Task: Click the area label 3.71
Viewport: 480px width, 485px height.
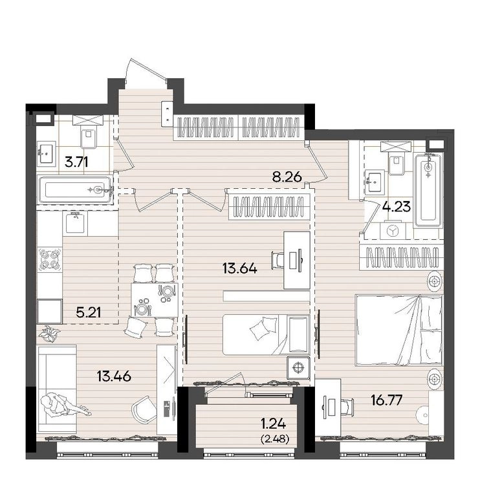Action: click(x=76, y=162)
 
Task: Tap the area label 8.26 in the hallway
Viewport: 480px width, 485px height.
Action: click(x=287, y=177)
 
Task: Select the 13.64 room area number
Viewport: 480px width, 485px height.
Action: click(x=240, y=268)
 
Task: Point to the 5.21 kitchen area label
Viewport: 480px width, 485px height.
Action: click(x=89, y=312)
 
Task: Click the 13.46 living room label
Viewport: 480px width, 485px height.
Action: click(x=115, y=376)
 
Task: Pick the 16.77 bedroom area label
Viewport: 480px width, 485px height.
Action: click(x=387, y=400)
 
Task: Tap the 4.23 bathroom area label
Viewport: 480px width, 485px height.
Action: click(x=397, y=206)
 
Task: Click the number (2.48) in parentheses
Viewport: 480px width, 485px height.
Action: click(x=275, y=439)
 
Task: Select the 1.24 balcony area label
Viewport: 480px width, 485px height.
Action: click(x=273, y=424)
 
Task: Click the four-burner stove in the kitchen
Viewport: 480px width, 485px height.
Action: click(x=50, y=259)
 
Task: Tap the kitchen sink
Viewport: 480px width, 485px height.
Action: click(x=75, y=222)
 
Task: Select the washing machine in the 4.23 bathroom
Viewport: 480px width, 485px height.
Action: click(x=393, y=230)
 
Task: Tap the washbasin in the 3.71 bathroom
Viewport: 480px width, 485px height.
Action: click(x=47, y=152)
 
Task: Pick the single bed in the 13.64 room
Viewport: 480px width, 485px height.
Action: click(x=267, y=335)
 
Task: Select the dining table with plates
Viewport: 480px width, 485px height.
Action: click(x=155, y=299)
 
